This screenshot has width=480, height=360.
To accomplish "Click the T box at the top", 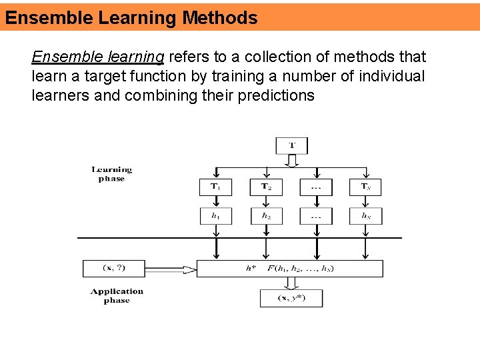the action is (291, 145).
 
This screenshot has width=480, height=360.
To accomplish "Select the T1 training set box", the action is (216, 187).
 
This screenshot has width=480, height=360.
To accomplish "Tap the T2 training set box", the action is (266, 187).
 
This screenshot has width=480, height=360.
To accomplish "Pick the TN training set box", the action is (366, 187).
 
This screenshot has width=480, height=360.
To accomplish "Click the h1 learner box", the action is (216, 215).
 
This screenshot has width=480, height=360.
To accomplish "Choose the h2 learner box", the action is (266, 215).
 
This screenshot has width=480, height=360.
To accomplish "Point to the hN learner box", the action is (366, 215).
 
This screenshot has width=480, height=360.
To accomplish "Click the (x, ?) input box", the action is (113, 268).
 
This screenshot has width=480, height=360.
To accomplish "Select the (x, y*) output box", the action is (291, 298).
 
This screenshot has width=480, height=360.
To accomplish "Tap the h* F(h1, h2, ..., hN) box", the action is (290, 269).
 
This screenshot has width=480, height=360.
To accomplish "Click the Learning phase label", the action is (111, 174).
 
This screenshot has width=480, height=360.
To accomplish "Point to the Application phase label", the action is (117, 295).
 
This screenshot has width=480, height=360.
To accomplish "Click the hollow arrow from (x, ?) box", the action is (171, 269).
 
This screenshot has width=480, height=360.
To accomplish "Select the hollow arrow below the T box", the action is (291, 161).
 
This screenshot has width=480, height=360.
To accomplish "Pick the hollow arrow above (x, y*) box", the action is (291, 283).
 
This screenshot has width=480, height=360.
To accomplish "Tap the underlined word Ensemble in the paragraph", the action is (63, 57).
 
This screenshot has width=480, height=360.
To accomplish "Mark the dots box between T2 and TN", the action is (316, 187).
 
